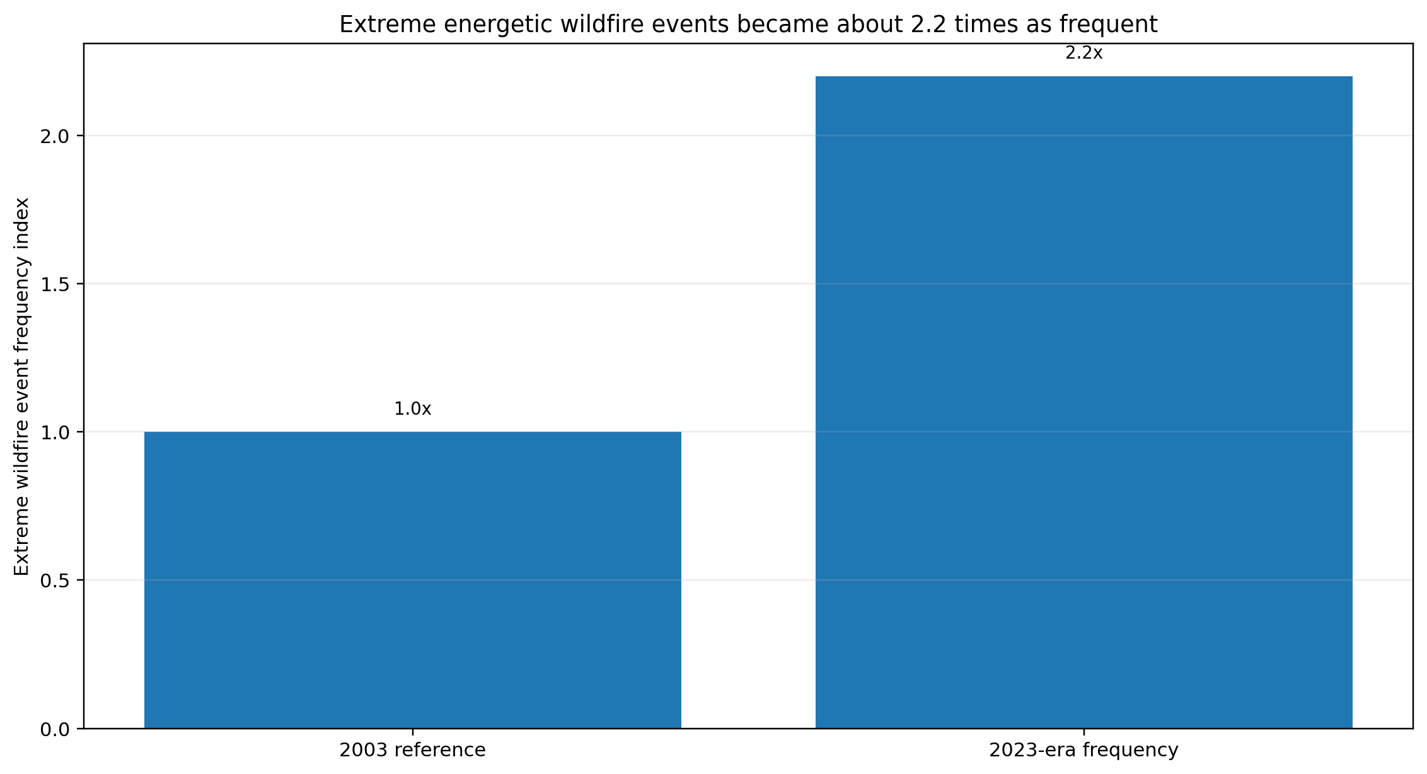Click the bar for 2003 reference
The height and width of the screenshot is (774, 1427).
(413, 580)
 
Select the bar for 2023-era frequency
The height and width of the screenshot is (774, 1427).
(1084, 402)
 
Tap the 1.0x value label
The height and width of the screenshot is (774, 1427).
(413, 409)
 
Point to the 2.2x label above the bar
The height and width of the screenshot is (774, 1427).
(1084, 54)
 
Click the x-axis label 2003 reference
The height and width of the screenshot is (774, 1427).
(413, 750)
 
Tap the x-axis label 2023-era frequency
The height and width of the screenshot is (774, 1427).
(1084, 750)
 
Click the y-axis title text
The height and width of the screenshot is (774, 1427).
(21, 386)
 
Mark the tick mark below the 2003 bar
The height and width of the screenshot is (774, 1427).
(413, 732)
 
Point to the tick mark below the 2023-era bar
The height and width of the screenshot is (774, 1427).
(1084, 732)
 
